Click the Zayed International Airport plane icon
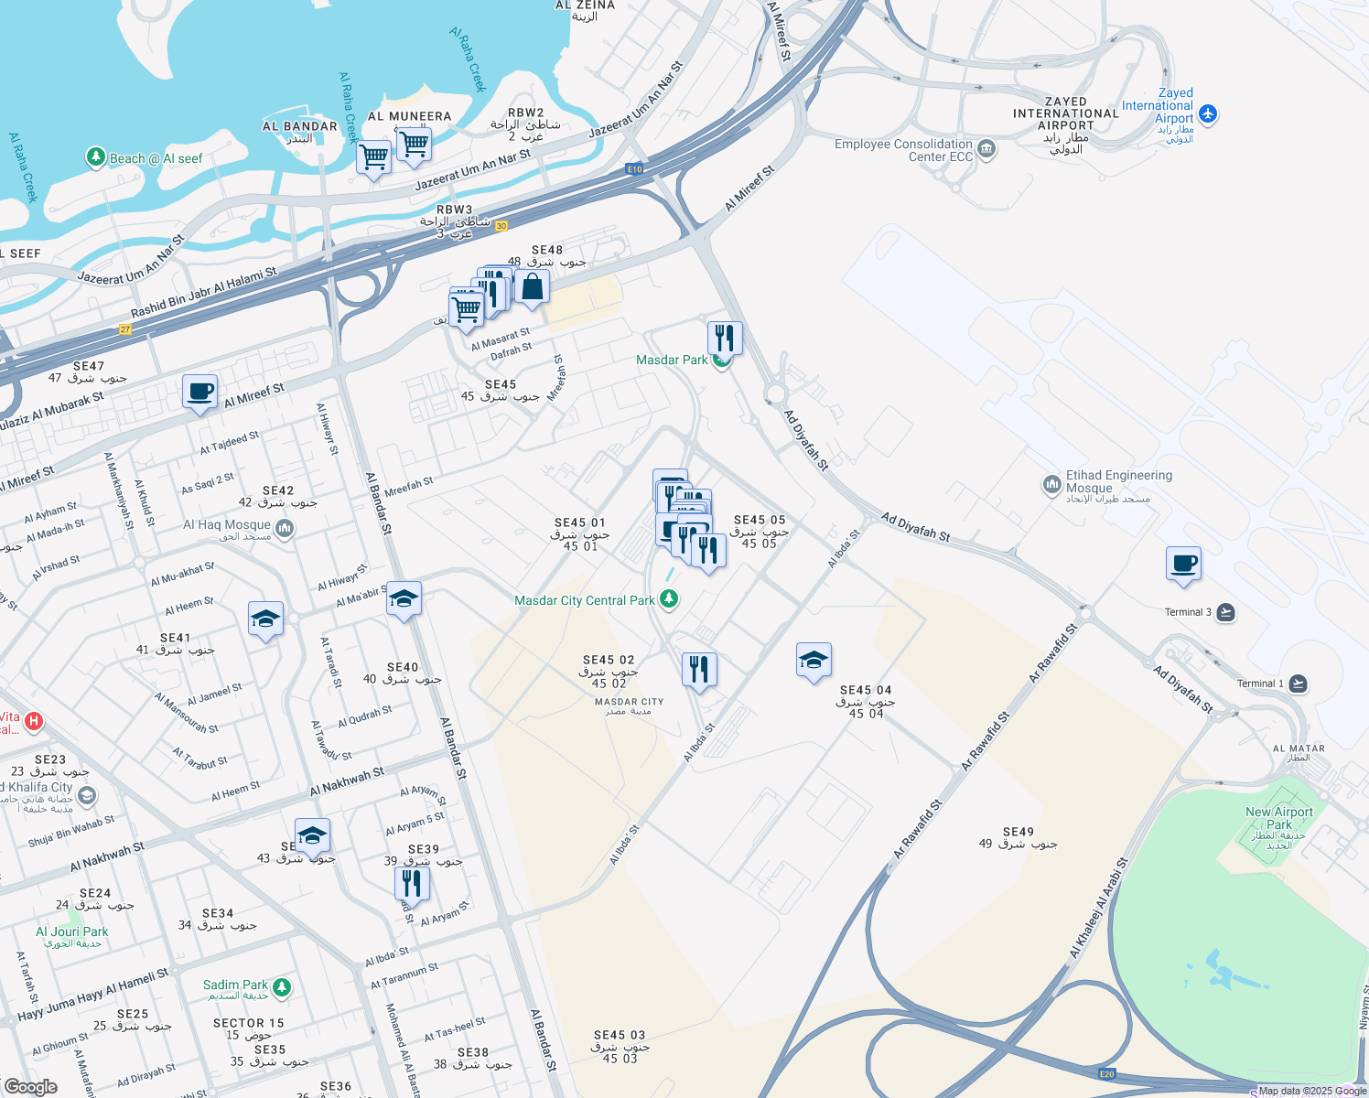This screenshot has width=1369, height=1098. (1208, 113)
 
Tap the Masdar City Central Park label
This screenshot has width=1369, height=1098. (585, 601)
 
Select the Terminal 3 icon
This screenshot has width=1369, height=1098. (1226, 612)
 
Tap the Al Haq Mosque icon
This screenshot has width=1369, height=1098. (285, 528)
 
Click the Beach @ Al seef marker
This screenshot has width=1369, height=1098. (96, 157)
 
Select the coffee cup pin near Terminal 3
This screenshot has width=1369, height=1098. (1183, 564)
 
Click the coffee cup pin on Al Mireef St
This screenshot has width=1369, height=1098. (199, 392)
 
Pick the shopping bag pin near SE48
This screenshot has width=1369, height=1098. (532, 286)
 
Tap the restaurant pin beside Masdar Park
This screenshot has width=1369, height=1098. (724, 338)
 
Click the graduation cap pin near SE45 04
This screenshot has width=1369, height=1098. (814, 660)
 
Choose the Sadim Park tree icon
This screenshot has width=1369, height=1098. (282, 987)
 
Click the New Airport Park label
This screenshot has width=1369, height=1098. (1278, 818)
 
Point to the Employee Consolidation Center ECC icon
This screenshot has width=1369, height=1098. (986, 148)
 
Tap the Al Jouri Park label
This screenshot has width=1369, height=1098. (71, 932)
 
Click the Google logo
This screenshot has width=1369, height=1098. (30, 1087)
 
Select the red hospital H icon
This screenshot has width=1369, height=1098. (34, 721)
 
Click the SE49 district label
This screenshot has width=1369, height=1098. (1018, 833)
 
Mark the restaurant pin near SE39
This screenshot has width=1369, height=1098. (412, 883)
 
